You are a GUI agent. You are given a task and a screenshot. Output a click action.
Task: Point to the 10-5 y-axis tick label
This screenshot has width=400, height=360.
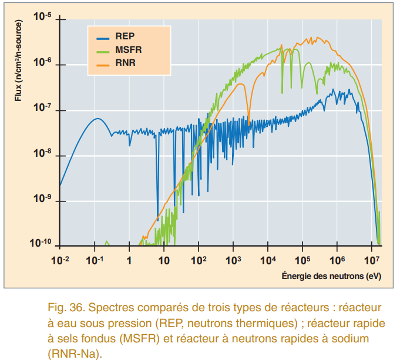(42, 17)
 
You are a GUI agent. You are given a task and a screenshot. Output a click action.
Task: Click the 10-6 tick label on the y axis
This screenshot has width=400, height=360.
(42, 62)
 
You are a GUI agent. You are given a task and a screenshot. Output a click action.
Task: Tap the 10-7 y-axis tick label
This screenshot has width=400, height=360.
(42, 108)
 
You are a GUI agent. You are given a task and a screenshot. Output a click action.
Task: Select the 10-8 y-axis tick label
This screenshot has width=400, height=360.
(42, 153)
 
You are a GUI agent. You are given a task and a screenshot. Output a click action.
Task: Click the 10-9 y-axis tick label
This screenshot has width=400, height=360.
(42, 199)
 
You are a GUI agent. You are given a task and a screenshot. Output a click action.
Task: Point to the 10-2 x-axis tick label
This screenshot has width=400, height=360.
(60, 259)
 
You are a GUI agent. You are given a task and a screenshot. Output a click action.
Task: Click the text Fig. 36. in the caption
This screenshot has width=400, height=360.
(64, 308)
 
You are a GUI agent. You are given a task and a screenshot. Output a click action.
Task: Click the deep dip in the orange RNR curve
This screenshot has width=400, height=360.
(248, 124)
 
